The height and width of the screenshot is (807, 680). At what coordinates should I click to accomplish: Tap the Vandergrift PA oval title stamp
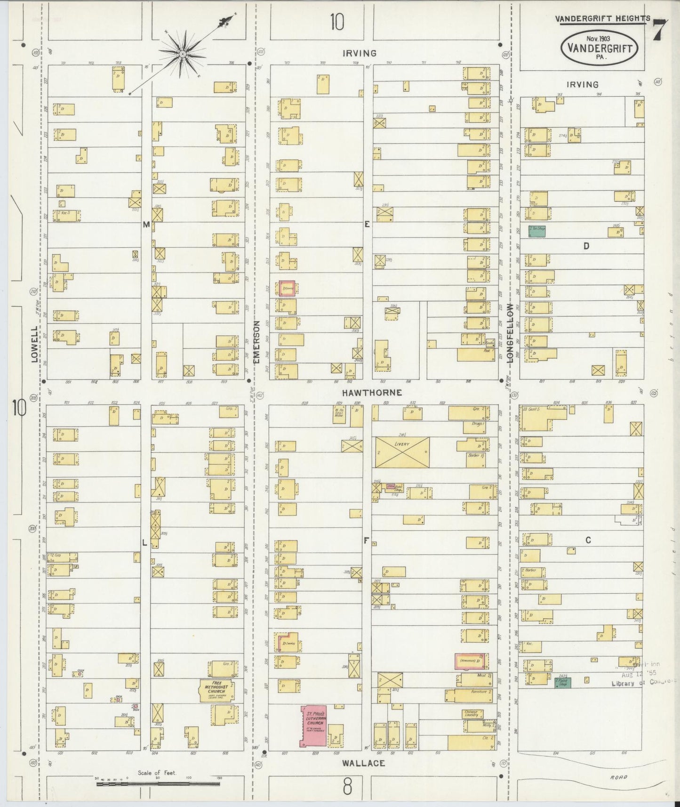[599, 47]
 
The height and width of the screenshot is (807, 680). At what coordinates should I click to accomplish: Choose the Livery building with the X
[402, 452]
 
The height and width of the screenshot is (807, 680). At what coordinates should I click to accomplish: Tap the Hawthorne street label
[365, 392]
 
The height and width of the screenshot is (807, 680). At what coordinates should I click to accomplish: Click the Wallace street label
[358, 763]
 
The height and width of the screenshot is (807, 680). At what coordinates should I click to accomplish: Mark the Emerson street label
[257, 342]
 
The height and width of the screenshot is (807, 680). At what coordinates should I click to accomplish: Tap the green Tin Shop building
[536, 231]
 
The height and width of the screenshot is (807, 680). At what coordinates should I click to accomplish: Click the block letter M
[146, 225]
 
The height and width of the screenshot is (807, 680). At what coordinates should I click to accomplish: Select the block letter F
[365, 541]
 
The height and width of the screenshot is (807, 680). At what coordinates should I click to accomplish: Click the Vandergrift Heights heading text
[602, 19]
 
